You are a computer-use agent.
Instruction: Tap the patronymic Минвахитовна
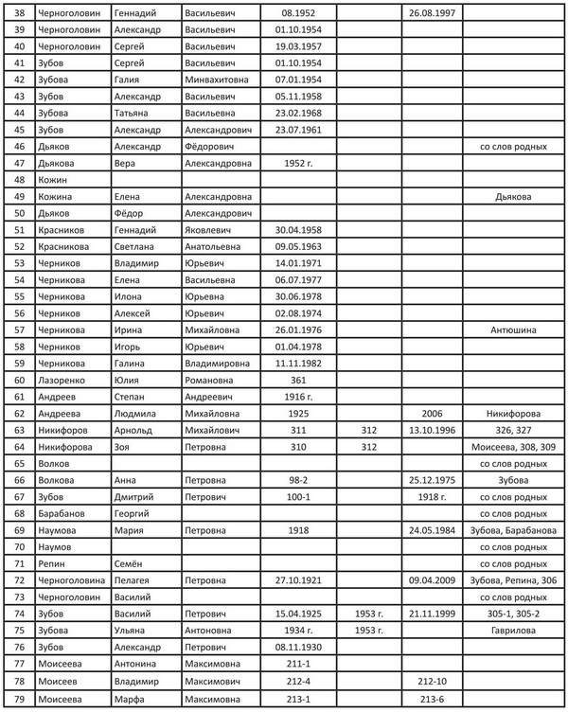point(217,81)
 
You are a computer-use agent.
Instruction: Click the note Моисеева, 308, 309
point(513,447)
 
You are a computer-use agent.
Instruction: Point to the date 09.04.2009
point(432,579)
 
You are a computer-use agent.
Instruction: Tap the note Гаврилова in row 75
point(513,629)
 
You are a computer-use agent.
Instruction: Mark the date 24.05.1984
point(432,529)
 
